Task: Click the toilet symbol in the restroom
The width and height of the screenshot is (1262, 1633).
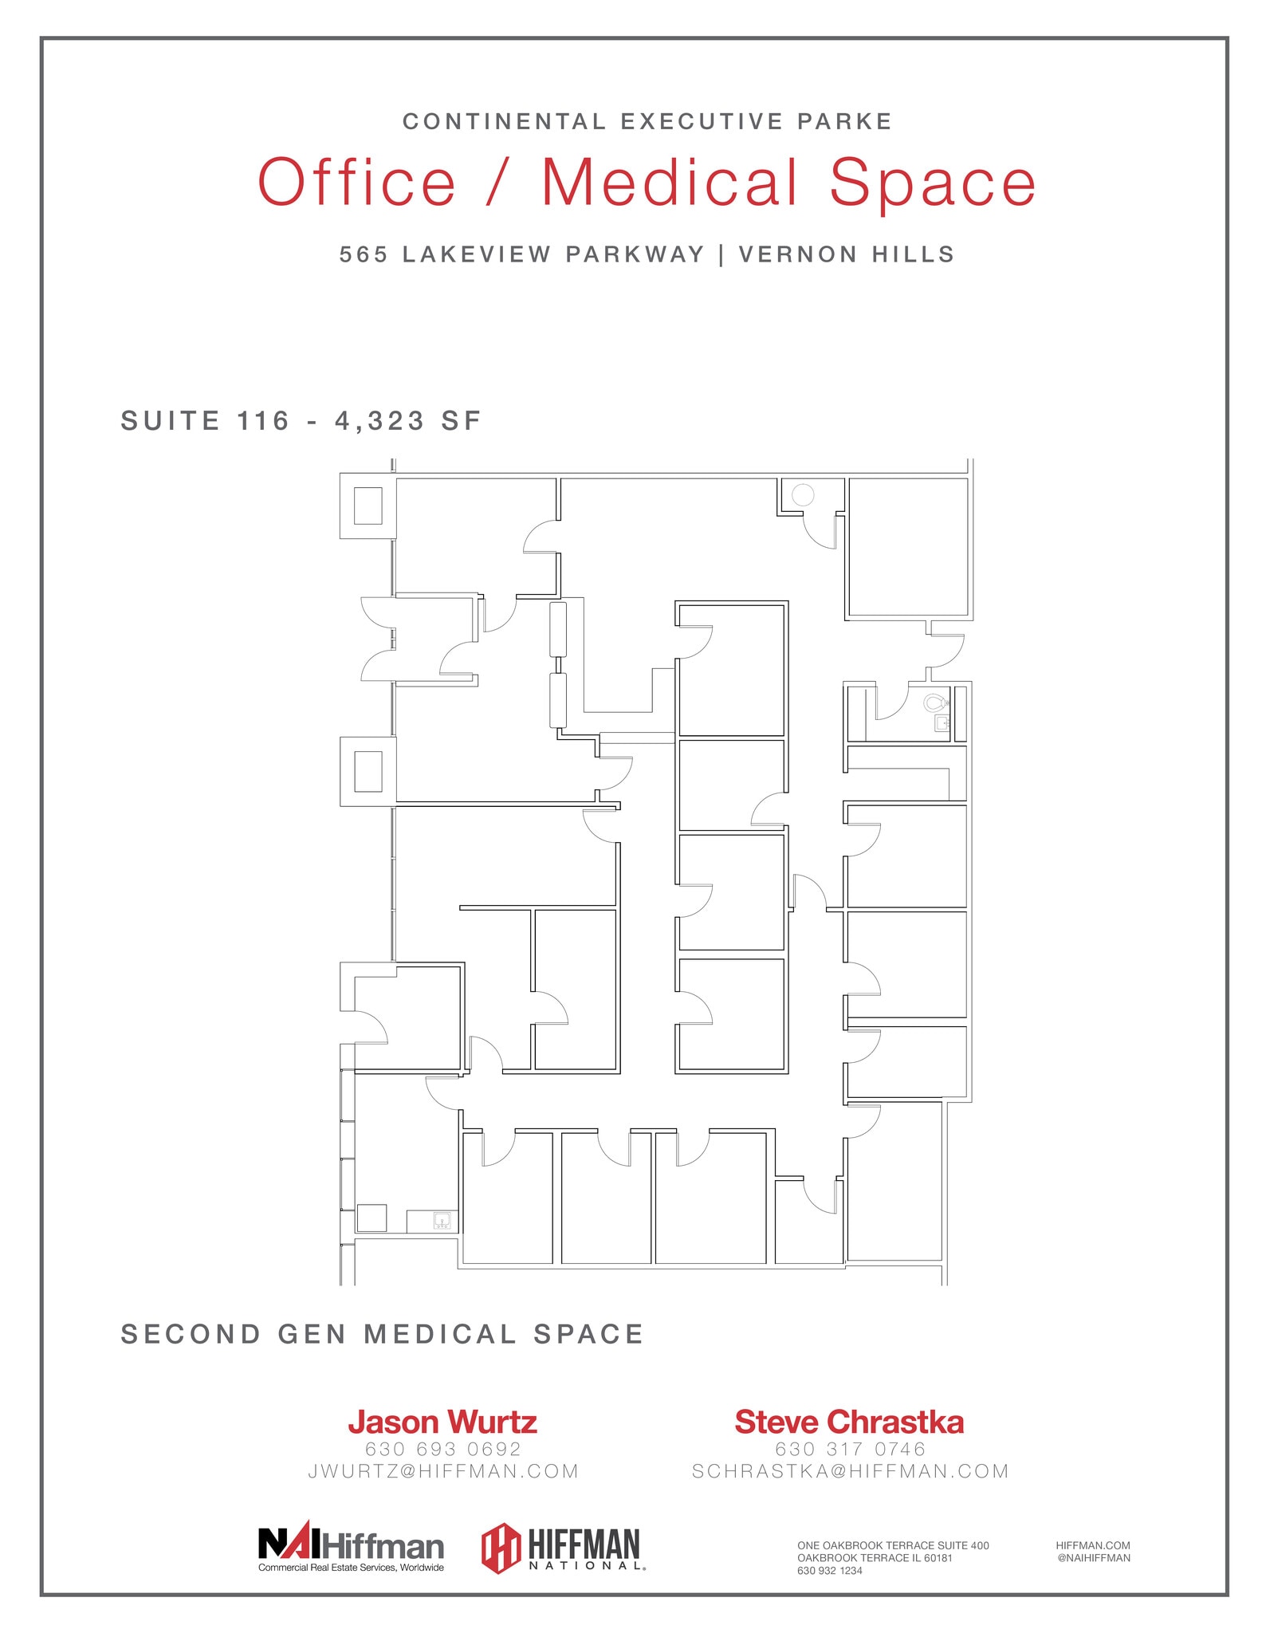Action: point(935,702)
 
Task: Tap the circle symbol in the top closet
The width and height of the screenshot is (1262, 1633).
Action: point(803,495)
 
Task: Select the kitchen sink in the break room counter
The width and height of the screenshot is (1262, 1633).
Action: point(442,1220)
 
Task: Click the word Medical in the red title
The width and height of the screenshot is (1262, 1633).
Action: point(670,183)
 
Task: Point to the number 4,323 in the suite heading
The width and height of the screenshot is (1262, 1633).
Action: point(380,421)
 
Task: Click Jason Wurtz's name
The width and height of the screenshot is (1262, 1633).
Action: point(442,1422)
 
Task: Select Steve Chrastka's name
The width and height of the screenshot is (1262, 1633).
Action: point(849,1422)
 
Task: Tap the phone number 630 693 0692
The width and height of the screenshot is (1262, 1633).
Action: point(443,1449)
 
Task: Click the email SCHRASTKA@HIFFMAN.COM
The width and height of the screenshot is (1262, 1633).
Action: point(851,1471)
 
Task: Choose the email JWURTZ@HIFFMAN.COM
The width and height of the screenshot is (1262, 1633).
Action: point(443,1471)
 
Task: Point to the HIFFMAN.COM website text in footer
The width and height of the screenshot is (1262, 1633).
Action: point(1093,1545)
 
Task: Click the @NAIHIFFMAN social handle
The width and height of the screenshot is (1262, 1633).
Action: point(1093,1558)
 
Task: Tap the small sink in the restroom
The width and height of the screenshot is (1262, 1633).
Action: point(942,723)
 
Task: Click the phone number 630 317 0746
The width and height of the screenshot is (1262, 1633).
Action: point(850,1449)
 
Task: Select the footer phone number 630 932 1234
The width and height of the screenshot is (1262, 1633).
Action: point(830,1571)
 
